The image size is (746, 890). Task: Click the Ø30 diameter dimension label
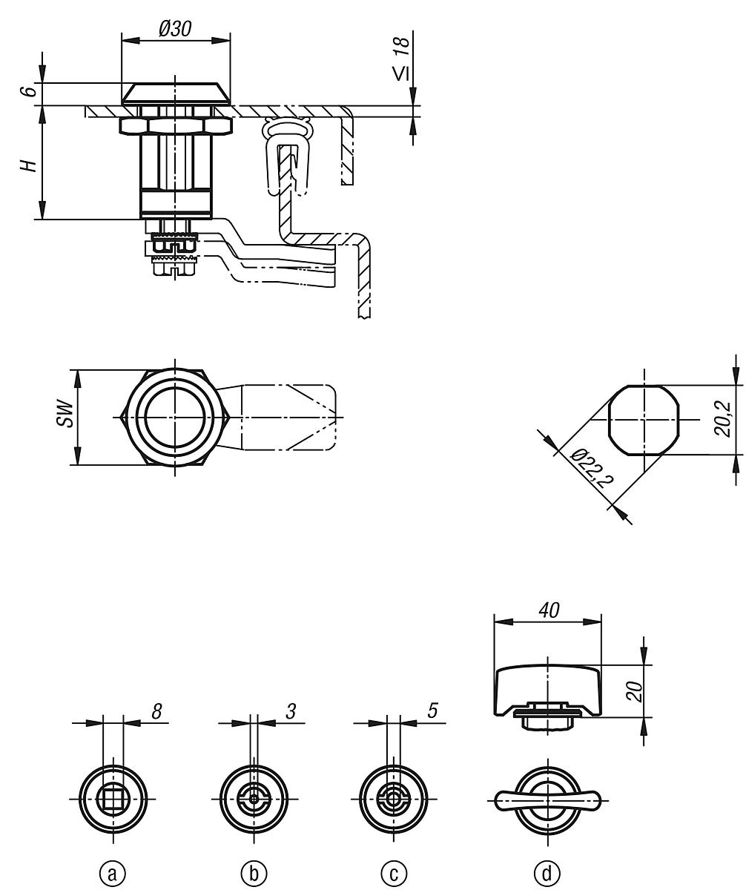[176, 28]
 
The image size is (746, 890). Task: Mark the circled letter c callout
[394, 873]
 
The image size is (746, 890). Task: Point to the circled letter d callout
[548, 873]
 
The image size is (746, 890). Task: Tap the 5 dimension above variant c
[431, 711]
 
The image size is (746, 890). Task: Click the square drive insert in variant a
[112, 799]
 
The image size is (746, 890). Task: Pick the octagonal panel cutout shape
[644, 420]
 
